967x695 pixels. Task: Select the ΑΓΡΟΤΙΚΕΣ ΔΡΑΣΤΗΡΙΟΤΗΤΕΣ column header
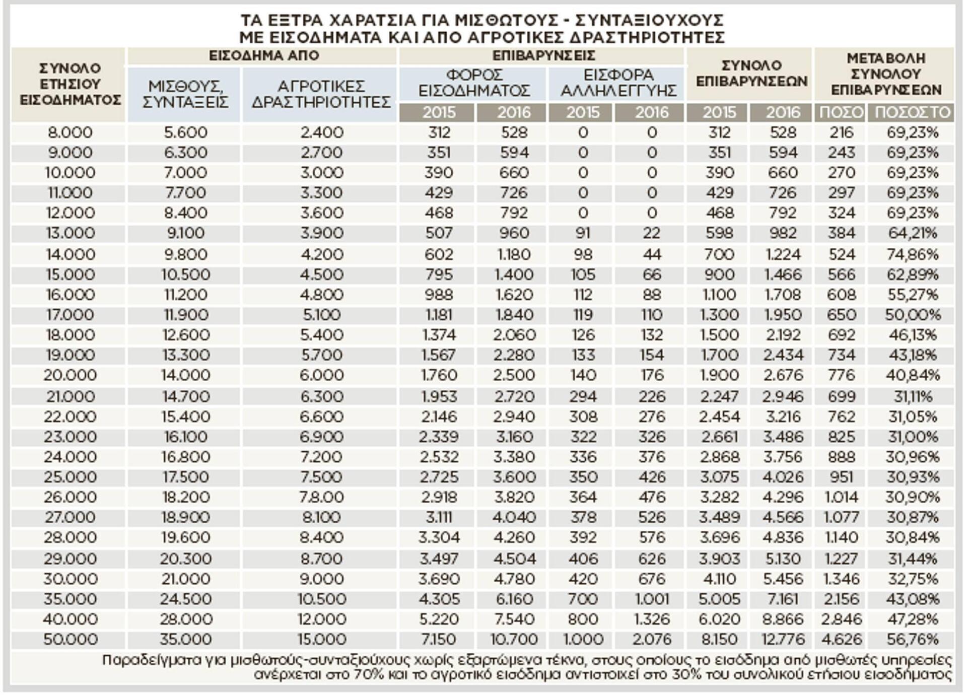321,94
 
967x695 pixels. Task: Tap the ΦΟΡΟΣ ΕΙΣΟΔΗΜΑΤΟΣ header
474,83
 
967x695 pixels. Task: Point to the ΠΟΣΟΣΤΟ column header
912,112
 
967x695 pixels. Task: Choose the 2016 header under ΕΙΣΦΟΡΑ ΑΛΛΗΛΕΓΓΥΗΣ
652,112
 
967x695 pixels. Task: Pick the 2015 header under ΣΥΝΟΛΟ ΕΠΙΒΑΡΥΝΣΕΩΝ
719,112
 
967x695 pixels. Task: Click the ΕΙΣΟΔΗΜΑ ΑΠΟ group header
264,55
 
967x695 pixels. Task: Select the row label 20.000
70,375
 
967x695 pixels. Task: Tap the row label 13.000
70,233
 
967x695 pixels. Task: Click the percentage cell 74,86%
913,254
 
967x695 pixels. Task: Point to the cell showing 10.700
514,640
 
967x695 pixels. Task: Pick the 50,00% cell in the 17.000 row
913,315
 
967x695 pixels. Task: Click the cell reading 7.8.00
321,497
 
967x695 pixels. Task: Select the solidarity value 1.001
652,599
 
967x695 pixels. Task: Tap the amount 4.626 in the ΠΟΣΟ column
841,640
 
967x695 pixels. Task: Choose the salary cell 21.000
185,579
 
